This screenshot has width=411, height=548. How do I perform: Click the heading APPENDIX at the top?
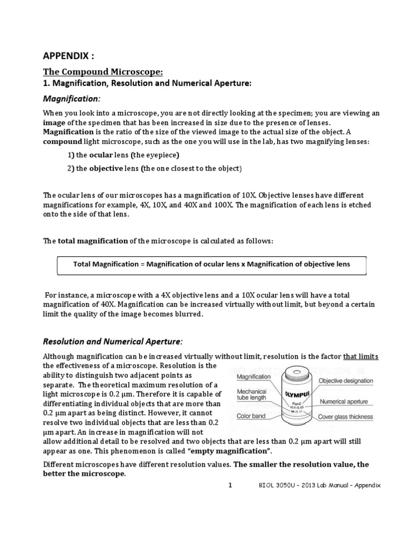(68, 57)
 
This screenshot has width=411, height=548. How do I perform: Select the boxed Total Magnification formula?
(211, 264)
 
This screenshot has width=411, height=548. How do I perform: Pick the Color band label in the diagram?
(252, 417)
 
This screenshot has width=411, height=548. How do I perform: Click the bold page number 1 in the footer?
(230, 485)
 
